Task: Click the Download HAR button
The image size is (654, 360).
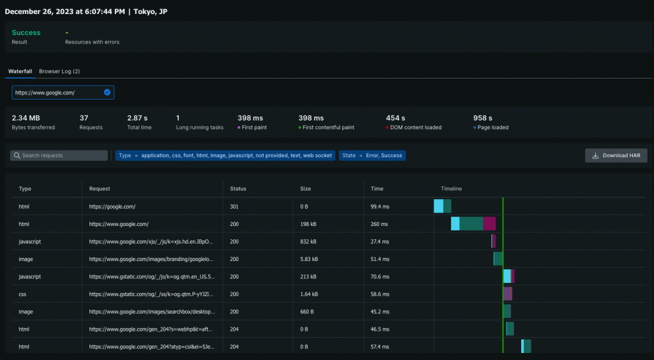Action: [616, 155]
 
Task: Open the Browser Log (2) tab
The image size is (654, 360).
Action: [59, 71]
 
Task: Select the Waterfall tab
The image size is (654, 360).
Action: [20, 71]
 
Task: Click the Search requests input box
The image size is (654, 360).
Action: [59, 155]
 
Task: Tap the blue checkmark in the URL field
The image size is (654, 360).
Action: [107, 93]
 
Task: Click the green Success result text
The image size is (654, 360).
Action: [26, 33]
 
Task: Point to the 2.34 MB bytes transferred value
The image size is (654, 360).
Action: [26, 118]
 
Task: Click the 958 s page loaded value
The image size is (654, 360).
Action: [482, 118]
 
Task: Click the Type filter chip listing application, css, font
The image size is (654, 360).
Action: [225, 155]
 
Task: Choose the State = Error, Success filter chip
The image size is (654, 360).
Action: [372, 155]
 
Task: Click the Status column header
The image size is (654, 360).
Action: [238, 189]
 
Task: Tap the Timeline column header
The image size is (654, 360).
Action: [451, 189]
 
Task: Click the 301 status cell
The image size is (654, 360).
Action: [234, 207]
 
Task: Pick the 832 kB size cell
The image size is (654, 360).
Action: [308, 242]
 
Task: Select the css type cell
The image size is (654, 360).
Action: [24, 294]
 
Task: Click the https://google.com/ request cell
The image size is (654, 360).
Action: [112, 207]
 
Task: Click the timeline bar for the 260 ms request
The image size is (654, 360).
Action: [473, 223]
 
